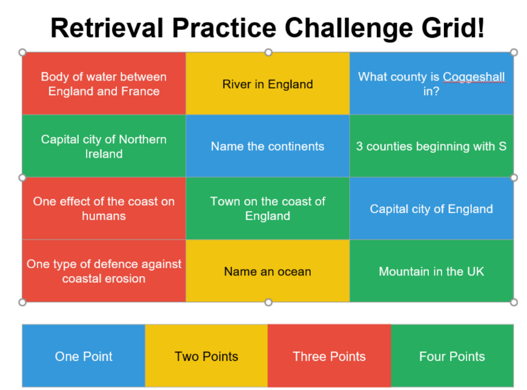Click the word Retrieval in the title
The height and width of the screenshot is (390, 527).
(107, 28)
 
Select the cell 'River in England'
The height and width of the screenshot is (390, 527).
(268, 84)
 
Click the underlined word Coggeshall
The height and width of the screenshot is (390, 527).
(474, 77)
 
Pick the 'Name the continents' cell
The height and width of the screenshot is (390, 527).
(268, 146)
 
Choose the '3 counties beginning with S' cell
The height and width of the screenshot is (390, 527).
(431, 146)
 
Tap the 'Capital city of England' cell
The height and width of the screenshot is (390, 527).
(431, 209)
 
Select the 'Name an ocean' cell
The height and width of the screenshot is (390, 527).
(268, 271)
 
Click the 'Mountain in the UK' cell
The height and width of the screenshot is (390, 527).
(431, 271)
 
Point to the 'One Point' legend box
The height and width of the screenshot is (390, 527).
(84, 355)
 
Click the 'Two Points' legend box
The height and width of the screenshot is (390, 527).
(207, 355)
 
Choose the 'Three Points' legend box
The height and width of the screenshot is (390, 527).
(330, 355)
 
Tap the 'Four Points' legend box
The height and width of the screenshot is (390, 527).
(452, 355)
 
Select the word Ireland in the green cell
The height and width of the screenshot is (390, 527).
(104, 154)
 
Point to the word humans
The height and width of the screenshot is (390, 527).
(104, 216)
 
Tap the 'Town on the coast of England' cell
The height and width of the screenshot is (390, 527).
(268, 209)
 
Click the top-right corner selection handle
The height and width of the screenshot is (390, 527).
(514, 52)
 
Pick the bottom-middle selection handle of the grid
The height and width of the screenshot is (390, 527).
(268, 302)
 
